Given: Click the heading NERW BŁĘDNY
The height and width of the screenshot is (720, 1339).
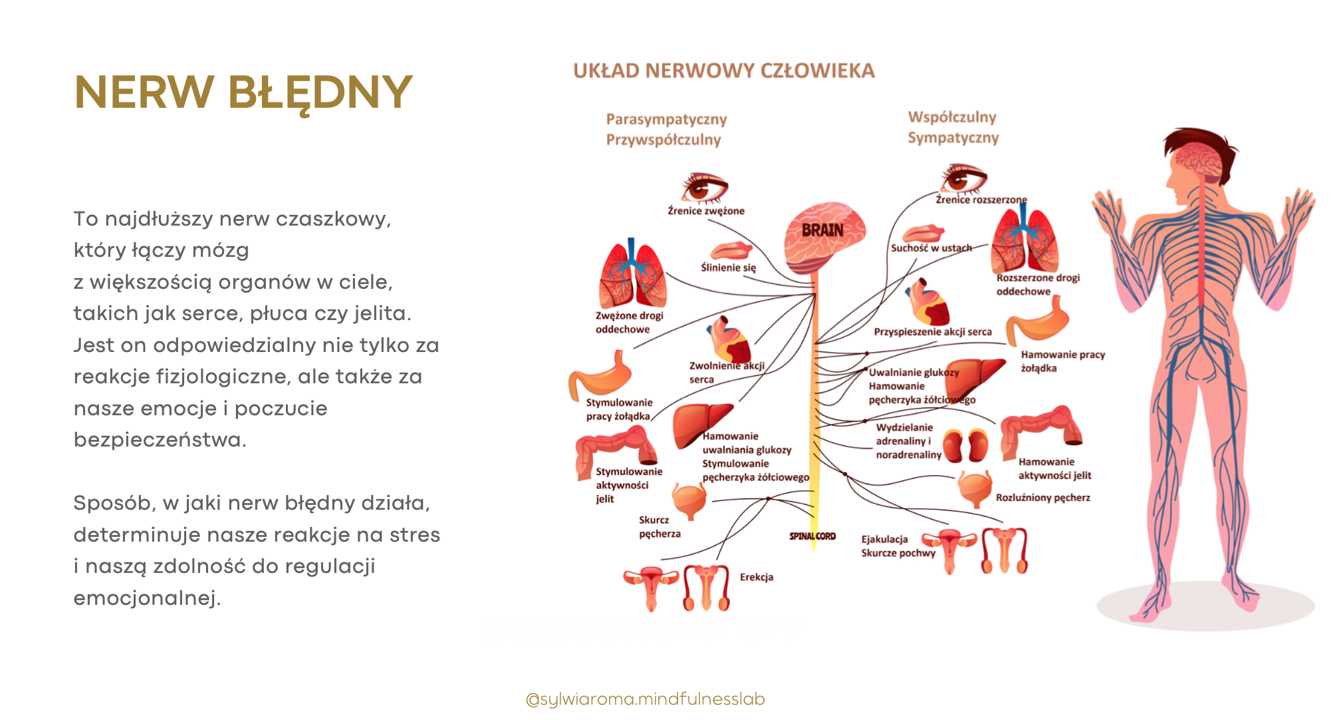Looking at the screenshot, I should click(243, 92).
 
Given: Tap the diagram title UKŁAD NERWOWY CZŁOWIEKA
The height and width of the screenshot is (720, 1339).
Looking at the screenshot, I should click(723, 71).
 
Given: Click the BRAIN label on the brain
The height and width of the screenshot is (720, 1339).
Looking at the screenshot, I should click(822, 230).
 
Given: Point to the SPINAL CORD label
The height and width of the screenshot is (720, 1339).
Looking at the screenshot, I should click(812, 536).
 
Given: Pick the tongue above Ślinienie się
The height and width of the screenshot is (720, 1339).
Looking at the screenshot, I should click(730, 251).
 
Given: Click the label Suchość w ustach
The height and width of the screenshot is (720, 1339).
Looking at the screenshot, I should click(931, 248).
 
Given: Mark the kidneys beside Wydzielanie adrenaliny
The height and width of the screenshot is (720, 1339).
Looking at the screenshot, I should click(965, 446).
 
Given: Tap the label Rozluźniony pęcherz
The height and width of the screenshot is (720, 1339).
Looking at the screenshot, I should click(1042, 498).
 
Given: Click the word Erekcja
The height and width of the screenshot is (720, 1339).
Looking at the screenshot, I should click(757, 577).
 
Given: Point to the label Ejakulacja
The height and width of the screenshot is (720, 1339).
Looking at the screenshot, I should click(884, 539).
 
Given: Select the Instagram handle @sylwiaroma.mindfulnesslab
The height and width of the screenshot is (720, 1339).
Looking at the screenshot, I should click(645, 699).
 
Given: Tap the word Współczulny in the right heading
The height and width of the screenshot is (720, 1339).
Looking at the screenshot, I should click(952, 117).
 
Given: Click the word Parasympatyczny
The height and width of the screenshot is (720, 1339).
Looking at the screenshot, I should click(666, 119).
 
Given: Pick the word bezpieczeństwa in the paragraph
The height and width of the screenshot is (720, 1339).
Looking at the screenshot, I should click(160, 440).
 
